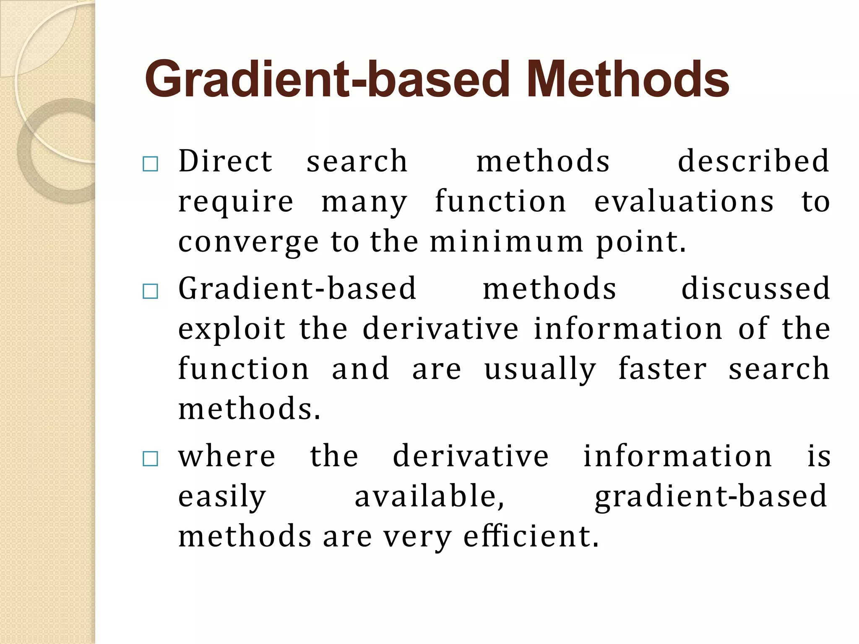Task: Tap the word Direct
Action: tap(226, 161)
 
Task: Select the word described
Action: tap(754, 161)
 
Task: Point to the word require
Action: tap(236, 203)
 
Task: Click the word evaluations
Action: tap(684, 202)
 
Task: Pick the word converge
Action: tap(249, 243)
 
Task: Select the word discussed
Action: tap(755, 289)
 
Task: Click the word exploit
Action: tap(232, 329)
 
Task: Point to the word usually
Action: tap(540, 370)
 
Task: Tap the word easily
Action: tap(222, 497)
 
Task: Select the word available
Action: tap(429, 496)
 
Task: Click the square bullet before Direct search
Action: tap(150, 164)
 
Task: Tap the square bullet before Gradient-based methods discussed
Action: tap(150, 291)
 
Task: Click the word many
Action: tap(364, 203)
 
